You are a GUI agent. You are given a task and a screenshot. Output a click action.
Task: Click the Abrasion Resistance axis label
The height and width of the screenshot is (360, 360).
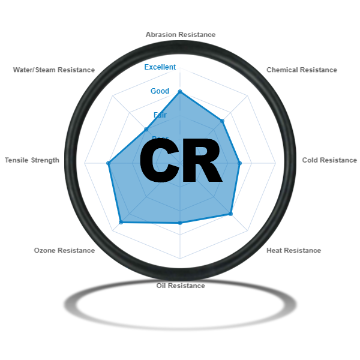pyautogui.click(x=180, y=35)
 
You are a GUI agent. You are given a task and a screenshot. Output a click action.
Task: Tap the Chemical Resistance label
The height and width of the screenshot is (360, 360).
pyautogui.click(x=301, y=70)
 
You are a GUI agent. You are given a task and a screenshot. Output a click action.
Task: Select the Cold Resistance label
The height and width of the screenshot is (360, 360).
pyautogui.click(x=329, y=161)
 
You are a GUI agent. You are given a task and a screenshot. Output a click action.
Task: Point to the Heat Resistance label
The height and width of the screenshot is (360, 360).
pyautogui.click(x=293, y=251)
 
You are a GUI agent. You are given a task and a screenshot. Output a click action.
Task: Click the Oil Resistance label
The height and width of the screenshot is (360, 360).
pyautogui.click(x=180, y=286)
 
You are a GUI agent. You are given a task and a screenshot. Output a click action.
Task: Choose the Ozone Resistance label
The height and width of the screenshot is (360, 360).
pyautogui.click(x=64, y=251)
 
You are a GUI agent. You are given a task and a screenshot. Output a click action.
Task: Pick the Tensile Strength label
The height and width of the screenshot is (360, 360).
pyautogui.click(x=32, y=161)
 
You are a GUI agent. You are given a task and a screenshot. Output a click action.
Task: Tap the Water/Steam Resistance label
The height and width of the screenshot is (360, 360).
pyautogui.click(x=54, y=70)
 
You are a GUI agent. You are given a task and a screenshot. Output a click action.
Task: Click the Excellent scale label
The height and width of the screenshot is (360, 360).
pyautogui.click(x=160, y=67)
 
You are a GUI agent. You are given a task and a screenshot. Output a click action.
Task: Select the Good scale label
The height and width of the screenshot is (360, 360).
pyautogui.click(x=160, y=91)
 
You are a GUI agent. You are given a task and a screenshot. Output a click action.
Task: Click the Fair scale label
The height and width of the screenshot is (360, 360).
pyautogui.click(x=160, y=115)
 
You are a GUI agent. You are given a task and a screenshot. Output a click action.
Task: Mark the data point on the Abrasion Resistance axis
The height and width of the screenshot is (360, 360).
pyautogui.click(x=180, y=92)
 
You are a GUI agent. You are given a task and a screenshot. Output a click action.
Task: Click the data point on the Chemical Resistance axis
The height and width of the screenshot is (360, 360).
pyautogui.click(x=223, y=121)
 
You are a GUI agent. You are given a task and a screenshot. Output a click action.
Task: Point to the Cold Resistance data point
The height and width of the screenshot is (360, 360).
pyautogui.click(x=239, y=163)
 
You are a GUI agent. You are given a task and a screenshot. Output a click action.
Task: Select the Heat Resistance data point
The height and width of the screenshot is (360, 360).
pyautogui.click(x=230, y=214)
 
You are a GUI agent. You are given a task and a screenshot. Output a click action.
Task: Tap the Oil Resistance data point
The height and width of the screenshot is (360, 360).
pyautogui.click(x=180, y=223)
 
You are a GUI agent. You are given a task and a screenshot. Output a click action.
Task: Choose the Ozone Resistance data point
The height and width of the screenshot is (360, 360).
pyautogui.click(x=121, y=222)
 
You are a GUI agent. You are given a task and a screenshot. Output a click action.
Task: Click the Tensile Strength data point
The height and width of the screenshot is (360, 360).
pyautogui.click(x=109, y=163)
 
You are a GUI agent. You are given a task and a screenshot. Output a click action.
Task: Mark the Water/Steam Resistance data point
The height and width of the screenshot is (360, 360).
pyautogui.click(x=145, y=128)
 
